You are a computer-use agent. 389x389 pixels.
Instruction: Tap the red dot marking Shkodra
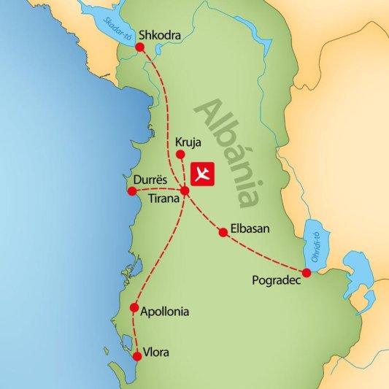[x=140, y=47]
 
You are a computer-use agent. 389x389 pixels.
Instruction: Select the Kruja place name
[x=187, y=142]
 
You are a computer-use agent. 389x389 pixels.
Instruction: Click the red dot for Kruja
[x=181, y=154]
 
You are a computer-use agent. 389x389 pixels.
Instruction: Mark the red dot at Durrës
[x=131, y=191]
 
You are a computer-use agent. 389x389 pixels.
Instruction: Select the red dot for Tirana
[x=185, y=190]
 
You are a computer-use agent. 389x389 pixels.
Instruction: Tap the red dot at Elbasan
[x=223, y=233]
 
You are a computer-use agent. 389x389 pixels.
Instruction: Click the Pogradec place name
[x=274, y=279]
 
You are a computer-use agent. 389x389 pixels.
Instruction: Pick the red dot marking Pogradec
[x=307, y=272]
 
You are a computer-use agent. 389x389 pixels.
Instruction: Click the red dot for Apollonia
[x=134, y=307]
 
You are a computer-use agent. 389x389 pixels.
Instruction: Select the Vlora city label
[x=157, y=353]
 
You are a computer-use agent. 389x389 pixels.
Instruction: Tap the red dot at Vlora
[x=136, y=356]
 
